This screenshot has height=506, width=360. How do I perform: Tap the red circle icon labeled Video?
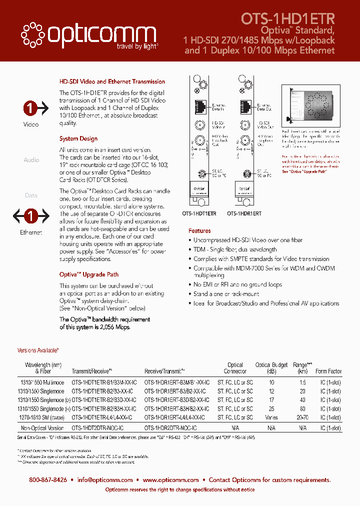click(31, 108)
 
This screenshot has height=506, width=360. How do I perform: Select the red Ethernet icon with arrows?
click(31, 216)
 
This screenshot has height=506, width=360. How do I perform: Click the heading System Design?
click(78, 138)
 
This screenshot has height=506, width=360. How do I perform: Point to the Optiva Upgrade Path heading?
click(89, 274)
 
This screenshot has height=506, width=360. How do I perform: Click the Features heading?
click(199, 231)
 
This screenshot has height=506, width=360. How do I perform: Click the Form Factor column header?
click(328, 371)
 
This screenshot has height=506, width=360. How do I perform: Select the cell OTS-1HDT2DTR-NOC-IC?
click(98, 428)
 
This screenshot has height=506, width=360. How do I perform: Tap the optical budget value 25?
click(271, 408)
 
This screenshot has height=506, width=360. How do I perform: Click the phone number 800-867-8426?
click(48, 479)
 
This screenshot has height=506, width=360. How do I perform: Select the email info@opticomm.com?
click(105, 479)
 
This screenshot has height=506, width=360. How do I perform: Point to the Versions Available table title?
click(38, 351)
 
